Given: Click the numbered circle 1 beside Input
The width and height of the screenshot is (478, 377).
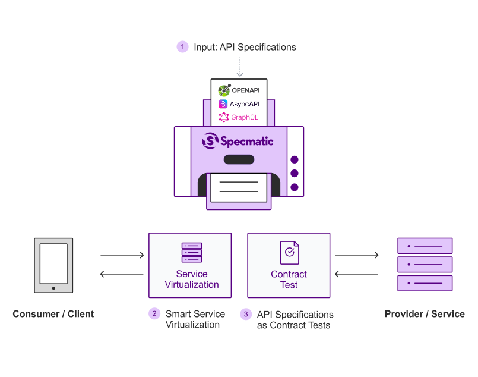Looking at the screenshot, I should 183,47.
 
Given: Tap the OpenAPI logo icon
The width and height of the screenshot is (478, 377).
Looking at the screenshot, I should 224,90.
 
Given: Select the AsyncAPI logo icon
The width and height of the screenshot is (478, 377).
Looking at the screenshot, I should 223,103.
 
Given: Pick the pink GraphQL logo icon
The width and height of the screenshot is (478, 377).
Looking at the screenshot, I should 224,117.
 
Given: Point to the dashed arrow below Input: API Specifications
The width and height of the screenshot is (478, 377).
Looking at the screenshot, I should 239,67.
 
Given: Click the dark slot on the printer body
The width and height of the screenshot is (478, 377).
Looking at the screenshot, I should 239,159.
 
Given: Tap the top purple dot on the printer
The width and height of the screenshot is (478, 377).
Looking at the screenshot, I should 294,160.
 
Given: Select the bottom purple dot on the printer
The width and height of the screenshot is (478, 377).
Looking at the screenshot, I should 294,187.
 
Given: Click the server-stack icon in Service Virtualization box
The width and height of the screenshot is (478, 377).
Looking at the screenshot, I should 192,253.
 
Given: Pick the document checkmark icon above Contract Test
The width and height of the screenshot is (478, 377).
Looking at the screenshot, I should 289,253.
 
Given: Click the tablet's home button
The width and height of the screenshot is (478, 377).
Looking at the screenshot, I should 53,288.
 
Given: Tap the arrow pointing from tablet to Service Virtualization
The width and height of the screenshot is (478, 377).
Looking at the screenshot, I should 122,256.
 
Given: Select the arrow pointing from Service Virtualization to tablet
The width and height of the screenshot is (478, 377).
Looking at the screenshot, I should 122,274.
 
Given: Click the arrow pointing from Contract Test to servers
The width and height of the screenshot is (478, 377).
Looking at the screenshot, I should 357,256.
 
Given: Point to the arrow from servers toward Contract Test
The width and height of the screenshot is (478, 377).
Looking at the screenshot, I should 357,274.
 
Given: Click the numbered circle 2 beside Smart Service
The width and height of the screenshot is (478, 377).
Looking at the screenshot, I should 154,314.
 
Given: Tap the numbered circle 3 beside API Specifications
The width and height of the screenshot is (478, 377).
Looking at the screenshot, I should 246,314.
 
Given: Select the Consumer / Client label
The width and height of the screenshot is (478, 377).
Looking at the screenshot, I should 53,314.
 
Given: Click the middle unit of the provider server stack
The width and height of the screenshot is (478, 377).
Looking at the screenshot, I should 425,264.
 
